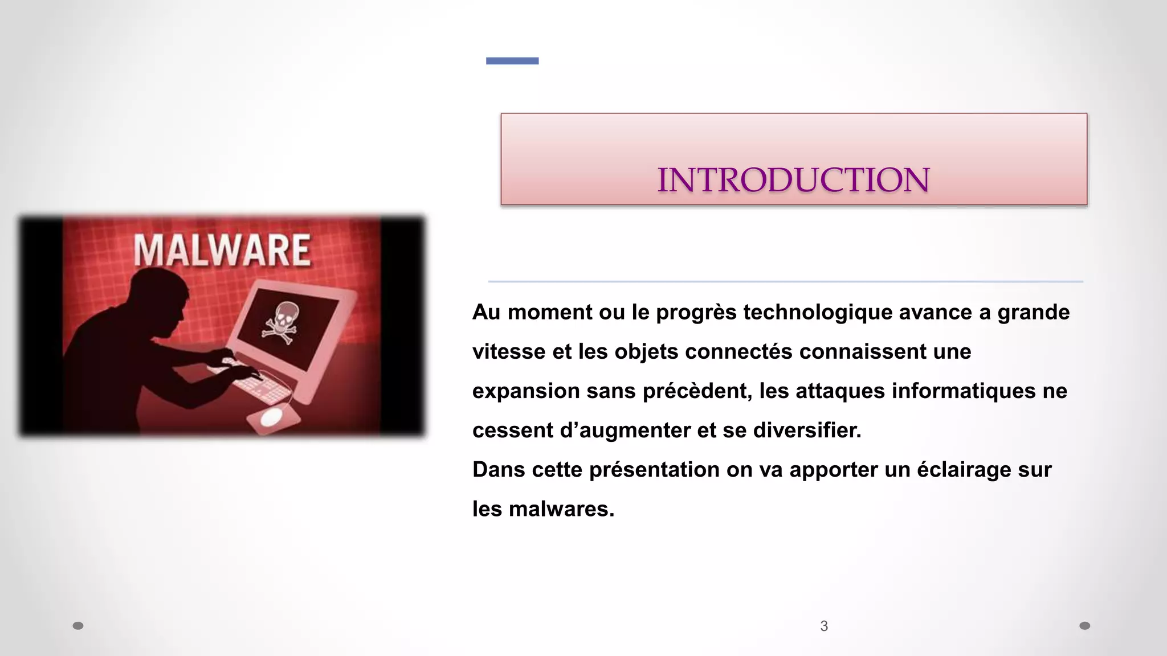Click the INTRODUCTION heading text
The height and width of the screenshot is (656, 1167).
click(x=793, y=180)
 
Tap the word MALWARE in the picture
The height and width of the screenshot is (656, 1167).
click(x=222, y=251)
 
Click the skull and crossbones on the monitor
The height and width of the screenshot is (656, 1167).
click(x=280, y=322)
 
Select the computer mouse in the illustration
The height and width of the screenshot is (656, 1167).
click(x=271, y=417)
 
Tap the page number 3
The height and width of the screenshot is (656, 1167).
click(x=824, y=626)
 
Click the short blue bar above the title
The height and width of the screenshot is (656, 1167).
click(x=512, y=61)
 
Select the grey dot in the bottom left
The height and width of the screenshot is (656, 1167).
click(x=78, y=626)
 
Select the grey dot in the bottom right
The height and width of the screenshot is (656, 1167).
click(x=1085, y=626)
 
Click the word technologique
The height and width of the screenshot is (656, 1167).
click(x=818, y=313)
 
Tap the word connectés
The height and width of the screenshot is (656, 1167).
click(x=738, y=352)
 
